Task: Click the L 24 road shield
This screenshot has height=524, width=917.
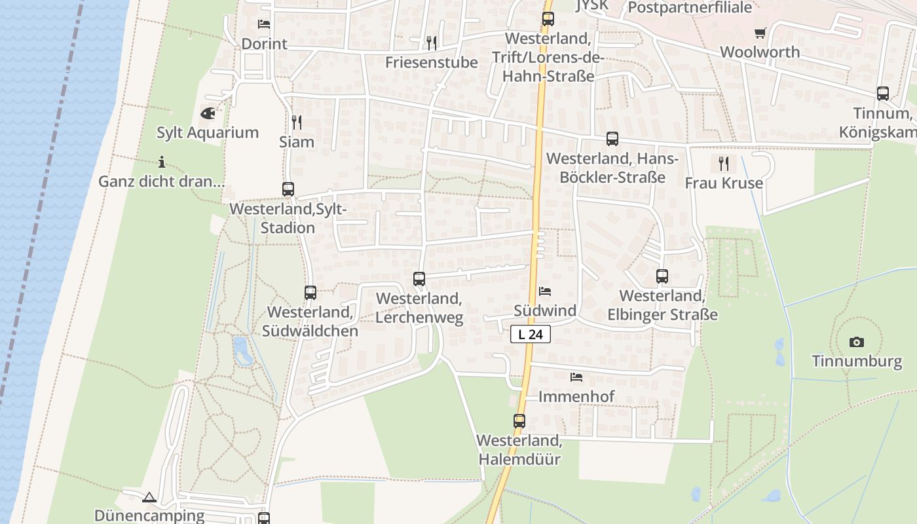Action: click(x=531, y=335)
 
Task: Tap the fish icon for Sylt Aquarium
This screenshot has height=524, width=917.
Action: click(x=208, y=113)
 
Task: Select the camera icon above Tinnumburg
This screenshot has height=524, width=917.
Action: click(x=856, y=342)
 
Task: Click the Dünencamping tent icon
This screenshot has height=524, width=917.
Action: click(x=149, y=497)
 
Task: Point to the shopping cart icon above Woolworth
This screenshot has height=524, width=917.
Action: click(x=760, y=33)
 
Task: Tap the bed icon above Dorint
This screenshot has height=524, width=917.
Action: click(x=264, y=24)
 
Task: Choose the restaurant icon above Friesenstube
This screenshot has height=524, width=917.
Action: click(x=431, y=43)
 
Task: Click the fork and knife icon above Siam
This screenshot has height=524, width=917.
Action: click(x=296, y=122)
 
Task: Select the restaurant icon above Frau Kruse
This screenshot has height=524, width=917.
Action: click(x=723, y=163)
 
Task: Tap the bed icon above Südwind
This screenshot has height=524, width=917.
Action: click(x=545, y=291)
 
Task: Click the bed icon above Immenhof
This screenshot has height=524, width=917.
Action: click(x=576, y=377)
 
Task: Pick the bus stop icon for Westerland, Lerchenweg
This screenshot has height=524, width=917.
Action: click(x=419, y=279)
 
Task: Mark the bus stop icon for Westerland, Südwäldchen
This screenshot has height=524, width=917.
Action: click(x=310, y=293)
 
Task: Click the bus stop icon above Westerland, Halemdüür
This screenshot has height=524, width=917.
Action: click(x=519, y=421)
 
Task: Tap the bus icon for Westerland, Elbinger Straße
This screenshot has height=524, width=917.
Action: click(x=662, y=276)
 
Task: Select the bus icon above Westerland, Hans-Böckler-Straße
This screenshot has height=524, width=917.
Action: click(x=612, y=139)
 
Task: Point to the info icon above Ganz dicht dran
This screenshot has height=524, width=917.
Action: click(x=162, y=162)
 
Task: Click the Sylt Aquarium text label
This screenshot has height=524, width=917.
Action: click(x=208, y=132)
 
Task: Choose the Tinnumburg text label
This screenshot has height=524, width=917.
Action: click(x=857, y=361)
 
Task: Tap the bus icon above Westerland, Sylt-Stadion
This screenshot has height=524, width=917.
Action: click(x=288, y=189)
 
